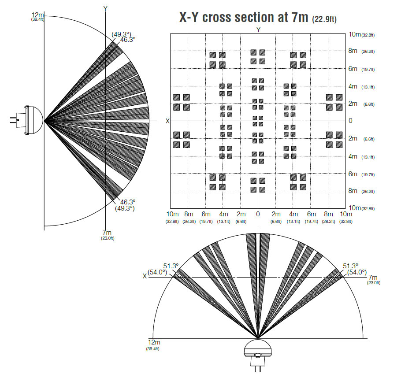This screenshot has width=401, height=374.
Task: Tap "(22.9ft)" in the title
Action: [324, 19]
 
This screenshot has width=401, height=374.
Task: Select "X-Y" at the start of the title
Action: [189, 17]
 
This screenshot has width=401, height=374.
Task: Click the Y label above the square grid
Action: [258, 30]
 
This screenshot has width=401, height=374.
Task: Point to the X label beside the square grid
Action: [167, 121]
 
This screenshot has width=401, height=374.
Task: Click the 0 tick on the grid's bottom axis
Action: [258, 214]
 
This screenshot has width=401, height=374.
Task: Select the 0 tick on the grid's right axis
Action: [350, 120]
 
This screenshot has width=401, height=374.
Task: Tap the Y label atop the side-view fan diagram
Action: [105, 8]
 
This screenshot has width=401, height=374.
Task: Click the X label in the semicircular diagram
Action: [145, 276]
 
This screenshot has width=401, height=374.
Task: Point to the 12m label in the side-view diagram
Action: [37, 15]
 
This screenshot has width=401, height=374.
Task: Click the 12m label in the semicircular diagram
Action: [154, 342]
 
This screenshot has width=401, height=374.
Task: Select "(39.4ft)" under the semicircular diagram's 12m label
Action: [152, 349]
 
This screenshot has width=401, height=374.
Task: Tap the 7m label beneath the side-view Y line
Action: [107, 233]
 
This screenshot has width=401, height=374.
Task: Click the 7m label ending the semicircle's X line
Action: [373, 277]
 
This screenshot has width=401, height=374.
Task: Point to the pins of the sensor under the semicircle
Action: [258, 368]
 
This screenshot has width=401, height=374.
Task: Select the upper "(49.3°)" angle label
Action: [121, 34]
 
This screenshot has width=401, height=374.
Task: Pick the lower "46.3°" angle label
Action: [128, 202]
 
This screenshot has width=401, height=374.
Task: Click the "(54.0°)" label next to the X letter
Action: [157, 272]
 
